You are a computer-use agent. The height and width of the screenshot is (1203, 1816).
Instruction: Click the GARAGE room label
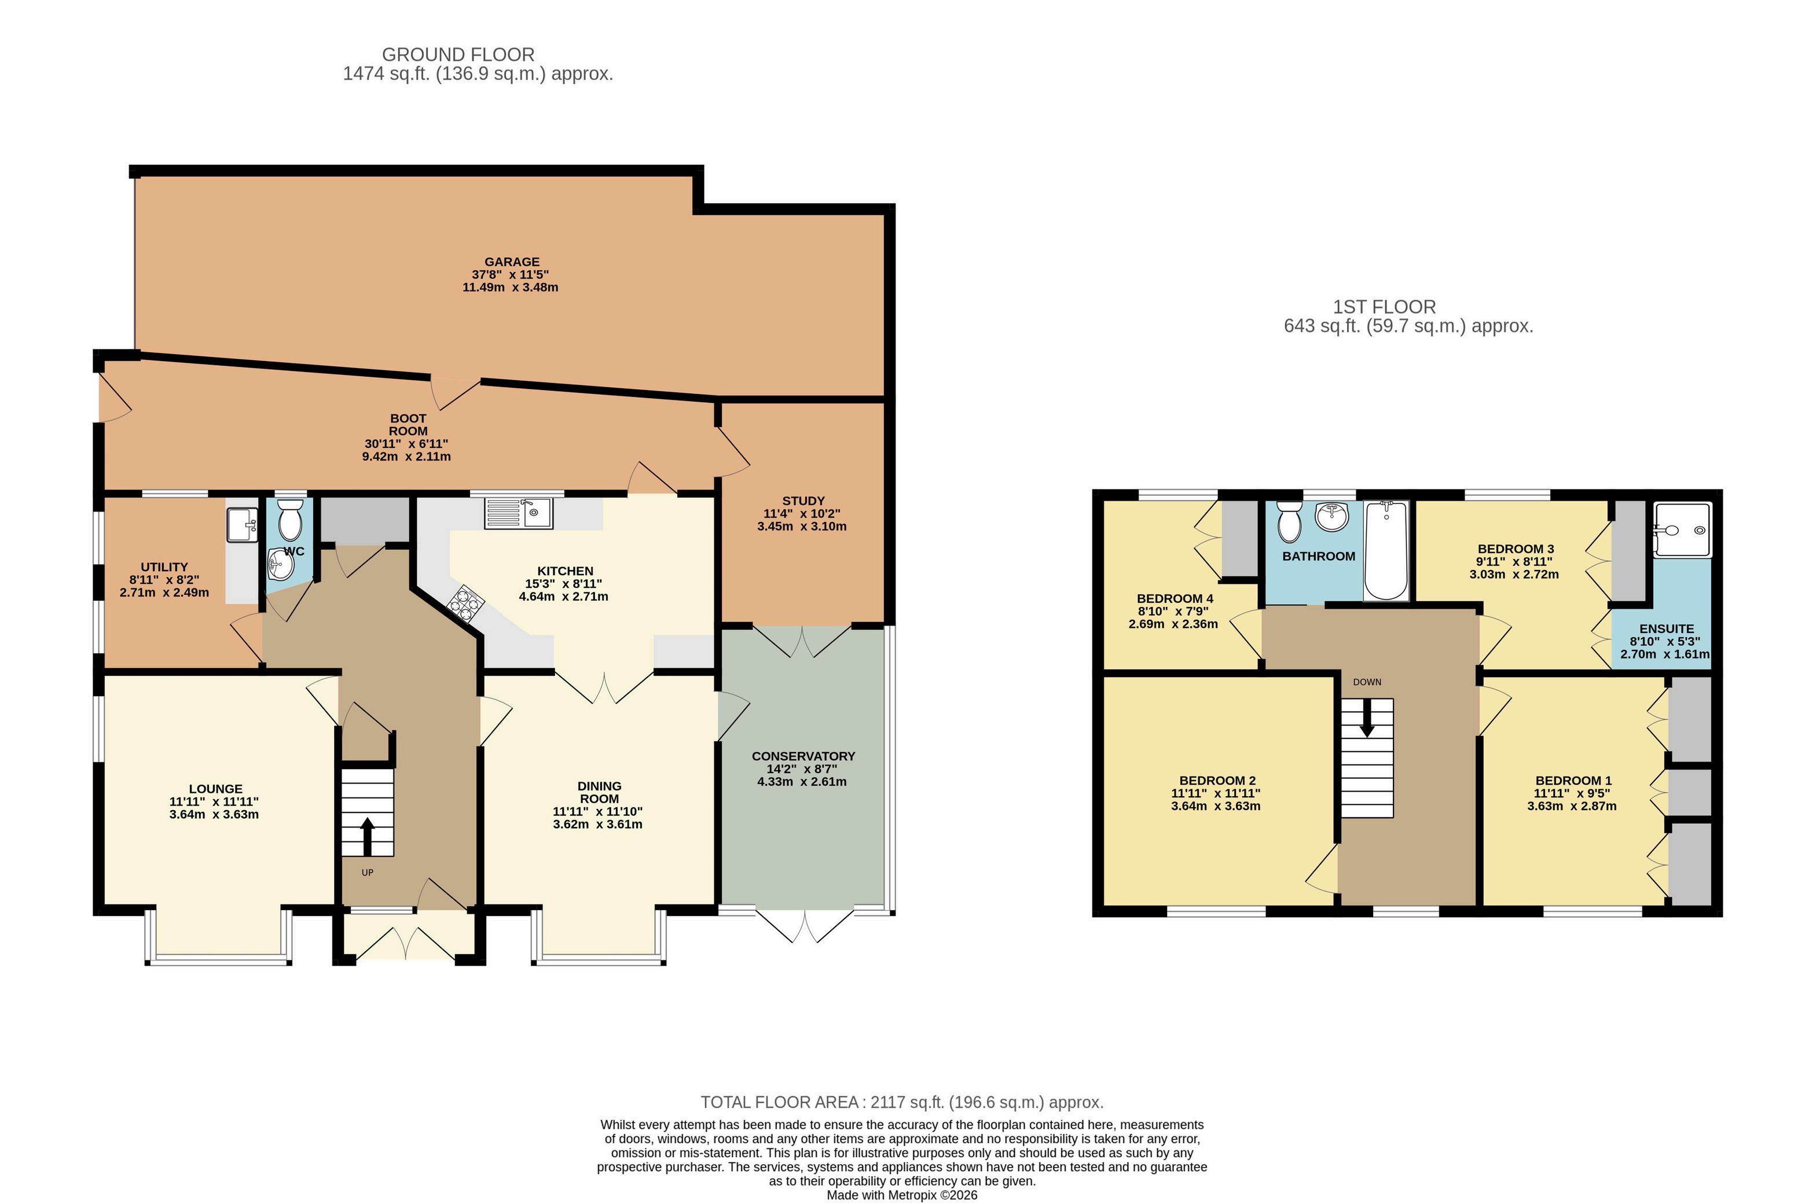[x=511, y=262]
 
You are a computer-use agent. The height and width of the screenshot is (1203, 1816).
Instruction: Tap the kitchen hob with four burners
[x=464, y=602]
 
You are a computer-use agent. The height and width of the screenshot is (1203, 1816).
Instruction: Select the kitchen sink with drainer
[x=518, y=513]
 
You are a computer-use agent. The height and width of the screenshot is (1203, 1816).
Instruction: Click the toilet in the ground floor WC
[x=290, y=520]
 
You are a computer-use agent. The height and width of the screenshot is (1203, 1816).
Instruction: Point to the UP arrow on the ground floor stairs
[x=367, y=836]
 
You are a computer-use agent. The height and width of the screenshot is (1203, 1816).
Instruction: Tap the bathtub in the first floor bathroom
[x=1386, y=550]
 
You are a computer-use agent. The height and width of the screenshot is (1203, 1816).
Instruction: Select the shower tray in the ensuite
[x=1682, y=530]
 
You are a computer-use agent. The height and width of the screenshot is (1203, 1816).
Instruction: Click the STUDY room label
[x=803, y=501]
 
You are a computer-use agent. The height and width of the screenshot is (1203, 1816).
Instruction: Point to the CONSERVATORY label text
[x=803, y=756]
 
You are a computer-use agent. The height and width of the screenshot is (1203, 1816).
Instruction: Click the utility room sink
[x=243, y=525]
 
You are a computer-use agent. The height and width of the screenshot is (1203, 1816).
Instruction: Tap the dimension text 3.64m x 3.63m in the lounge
[x=214, y=814]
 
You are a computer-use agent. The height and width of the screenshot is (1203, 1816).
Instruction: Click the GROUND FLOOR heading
[x=458, y=54]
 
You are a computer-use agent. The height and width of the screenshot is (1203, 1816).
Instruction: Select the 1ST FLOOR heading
[x=1384, y=307]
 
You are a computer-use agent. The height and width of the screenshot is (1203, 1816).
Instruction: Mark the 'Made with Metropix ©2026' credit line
[x=902, y=1194]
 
